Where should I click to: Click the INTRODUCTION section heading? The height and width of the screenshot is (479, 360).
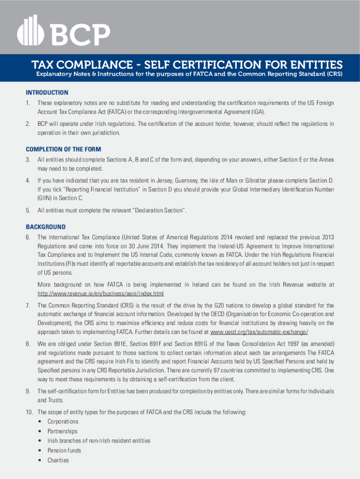tap(47, 93)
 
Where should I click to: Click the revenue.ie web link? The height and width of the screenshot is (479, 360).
tap(101, 294)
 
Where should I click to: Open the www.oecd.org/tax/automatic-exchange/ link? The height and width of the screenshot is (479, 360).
tap(259, 332)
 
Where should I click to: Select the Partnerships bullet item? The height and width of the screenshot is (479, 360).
tap(63, 431)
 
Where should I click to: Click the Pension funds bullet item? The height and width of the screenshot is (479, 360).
tap(64, 450)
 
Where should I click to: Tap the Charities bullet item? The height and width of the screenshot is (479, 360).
tap(58, 460)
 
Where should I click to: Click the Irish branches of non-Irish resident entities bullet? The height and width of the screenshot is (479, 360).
tap(99, 441)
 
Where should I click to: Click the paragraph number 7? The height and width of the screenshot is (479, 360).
tap(28, 305)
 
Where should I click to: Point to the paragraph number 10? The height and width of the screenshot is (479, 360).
tap(29, 412)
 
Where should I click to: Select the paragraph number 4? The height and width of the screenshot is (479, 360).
tap(28, 181)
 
